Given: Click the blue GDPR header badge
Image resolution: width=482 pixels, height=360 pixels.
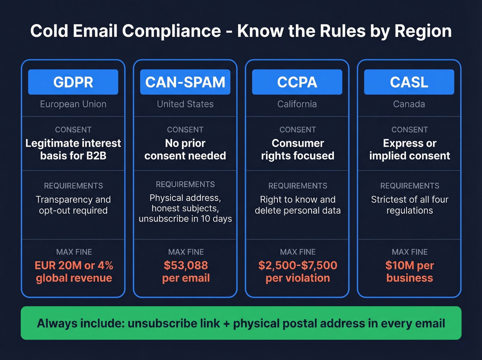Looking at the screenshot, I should click(x=73, y=82).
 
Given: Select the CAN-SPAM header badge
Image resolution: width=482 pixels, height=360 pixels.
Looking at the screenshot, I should click(x=185, y=82).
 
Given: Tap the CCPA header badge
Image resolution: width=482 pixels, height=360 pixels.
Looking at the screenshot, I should click(x=297, y=82).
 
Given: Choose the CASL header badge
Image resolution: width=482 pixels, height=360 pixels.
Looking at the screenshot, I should click(x=409, y=82).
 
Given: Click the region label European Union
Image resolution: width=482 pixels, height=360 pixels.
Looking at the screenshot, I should click(x=73, y=104).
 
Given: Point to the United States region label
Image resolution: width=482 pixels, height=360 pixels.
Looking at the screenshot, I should click(x=185, y=104).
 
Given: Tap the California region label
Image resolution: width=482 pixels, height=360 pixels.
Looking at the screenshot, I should click(x=297, y=104).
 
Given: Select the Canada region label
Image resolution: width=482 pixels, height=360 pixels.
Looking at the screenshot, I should click(x=409, y=104).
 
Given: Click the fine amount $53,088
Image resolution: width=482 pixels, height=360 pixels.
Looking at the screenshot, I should click(x=186, y=265).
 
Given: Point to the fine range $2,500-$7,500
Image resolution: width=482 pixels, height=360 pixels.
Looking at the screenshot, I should click(x=298, y=265).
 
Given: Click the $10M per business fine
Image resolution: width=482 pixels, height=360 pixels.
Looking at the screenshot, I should click(x=409, y=271).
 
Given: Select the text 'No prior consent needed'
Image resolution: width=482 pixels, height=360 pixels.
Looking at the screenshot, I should click(x=185, y=150).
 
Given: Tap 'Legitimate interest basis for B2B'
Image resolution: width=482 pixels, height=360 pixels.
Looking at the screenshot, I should click(x=73, y=150).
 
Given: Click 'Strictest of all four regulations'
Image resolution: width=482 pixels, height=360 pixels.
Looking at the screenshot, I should click(x=410, y=205).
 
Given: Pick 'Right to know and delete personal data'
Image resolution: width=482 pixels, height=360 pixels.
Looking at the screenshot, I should click(x=298, y=205).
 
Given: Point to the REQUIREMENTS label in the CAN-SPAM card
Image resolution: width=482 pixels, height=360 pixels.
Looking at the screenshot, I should click(x=185, y=184).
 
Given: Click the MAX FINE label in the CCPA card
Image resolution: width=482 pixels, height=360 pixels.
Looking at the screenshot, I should click(x=298, y=252).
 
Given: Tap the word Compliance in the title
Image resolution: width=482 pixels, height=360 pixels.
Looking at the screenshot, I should click(x=171, y=31).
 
